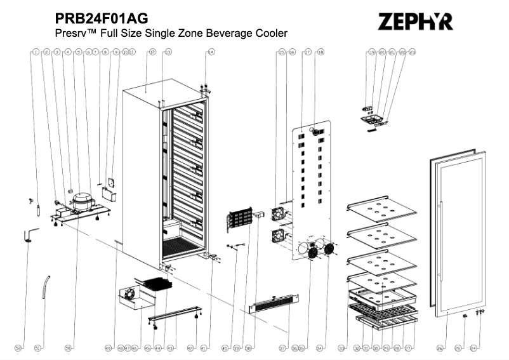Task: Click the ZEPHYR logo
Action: (416, 22)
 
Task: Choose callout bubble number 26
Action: (440, 348)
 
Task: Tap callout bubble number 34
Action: (321, 348)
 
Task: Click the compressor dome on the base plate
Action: (82, 202)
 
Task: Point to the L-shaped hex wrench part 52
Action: (30, 236)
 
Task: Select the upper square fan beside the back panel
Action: (279, 213)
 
